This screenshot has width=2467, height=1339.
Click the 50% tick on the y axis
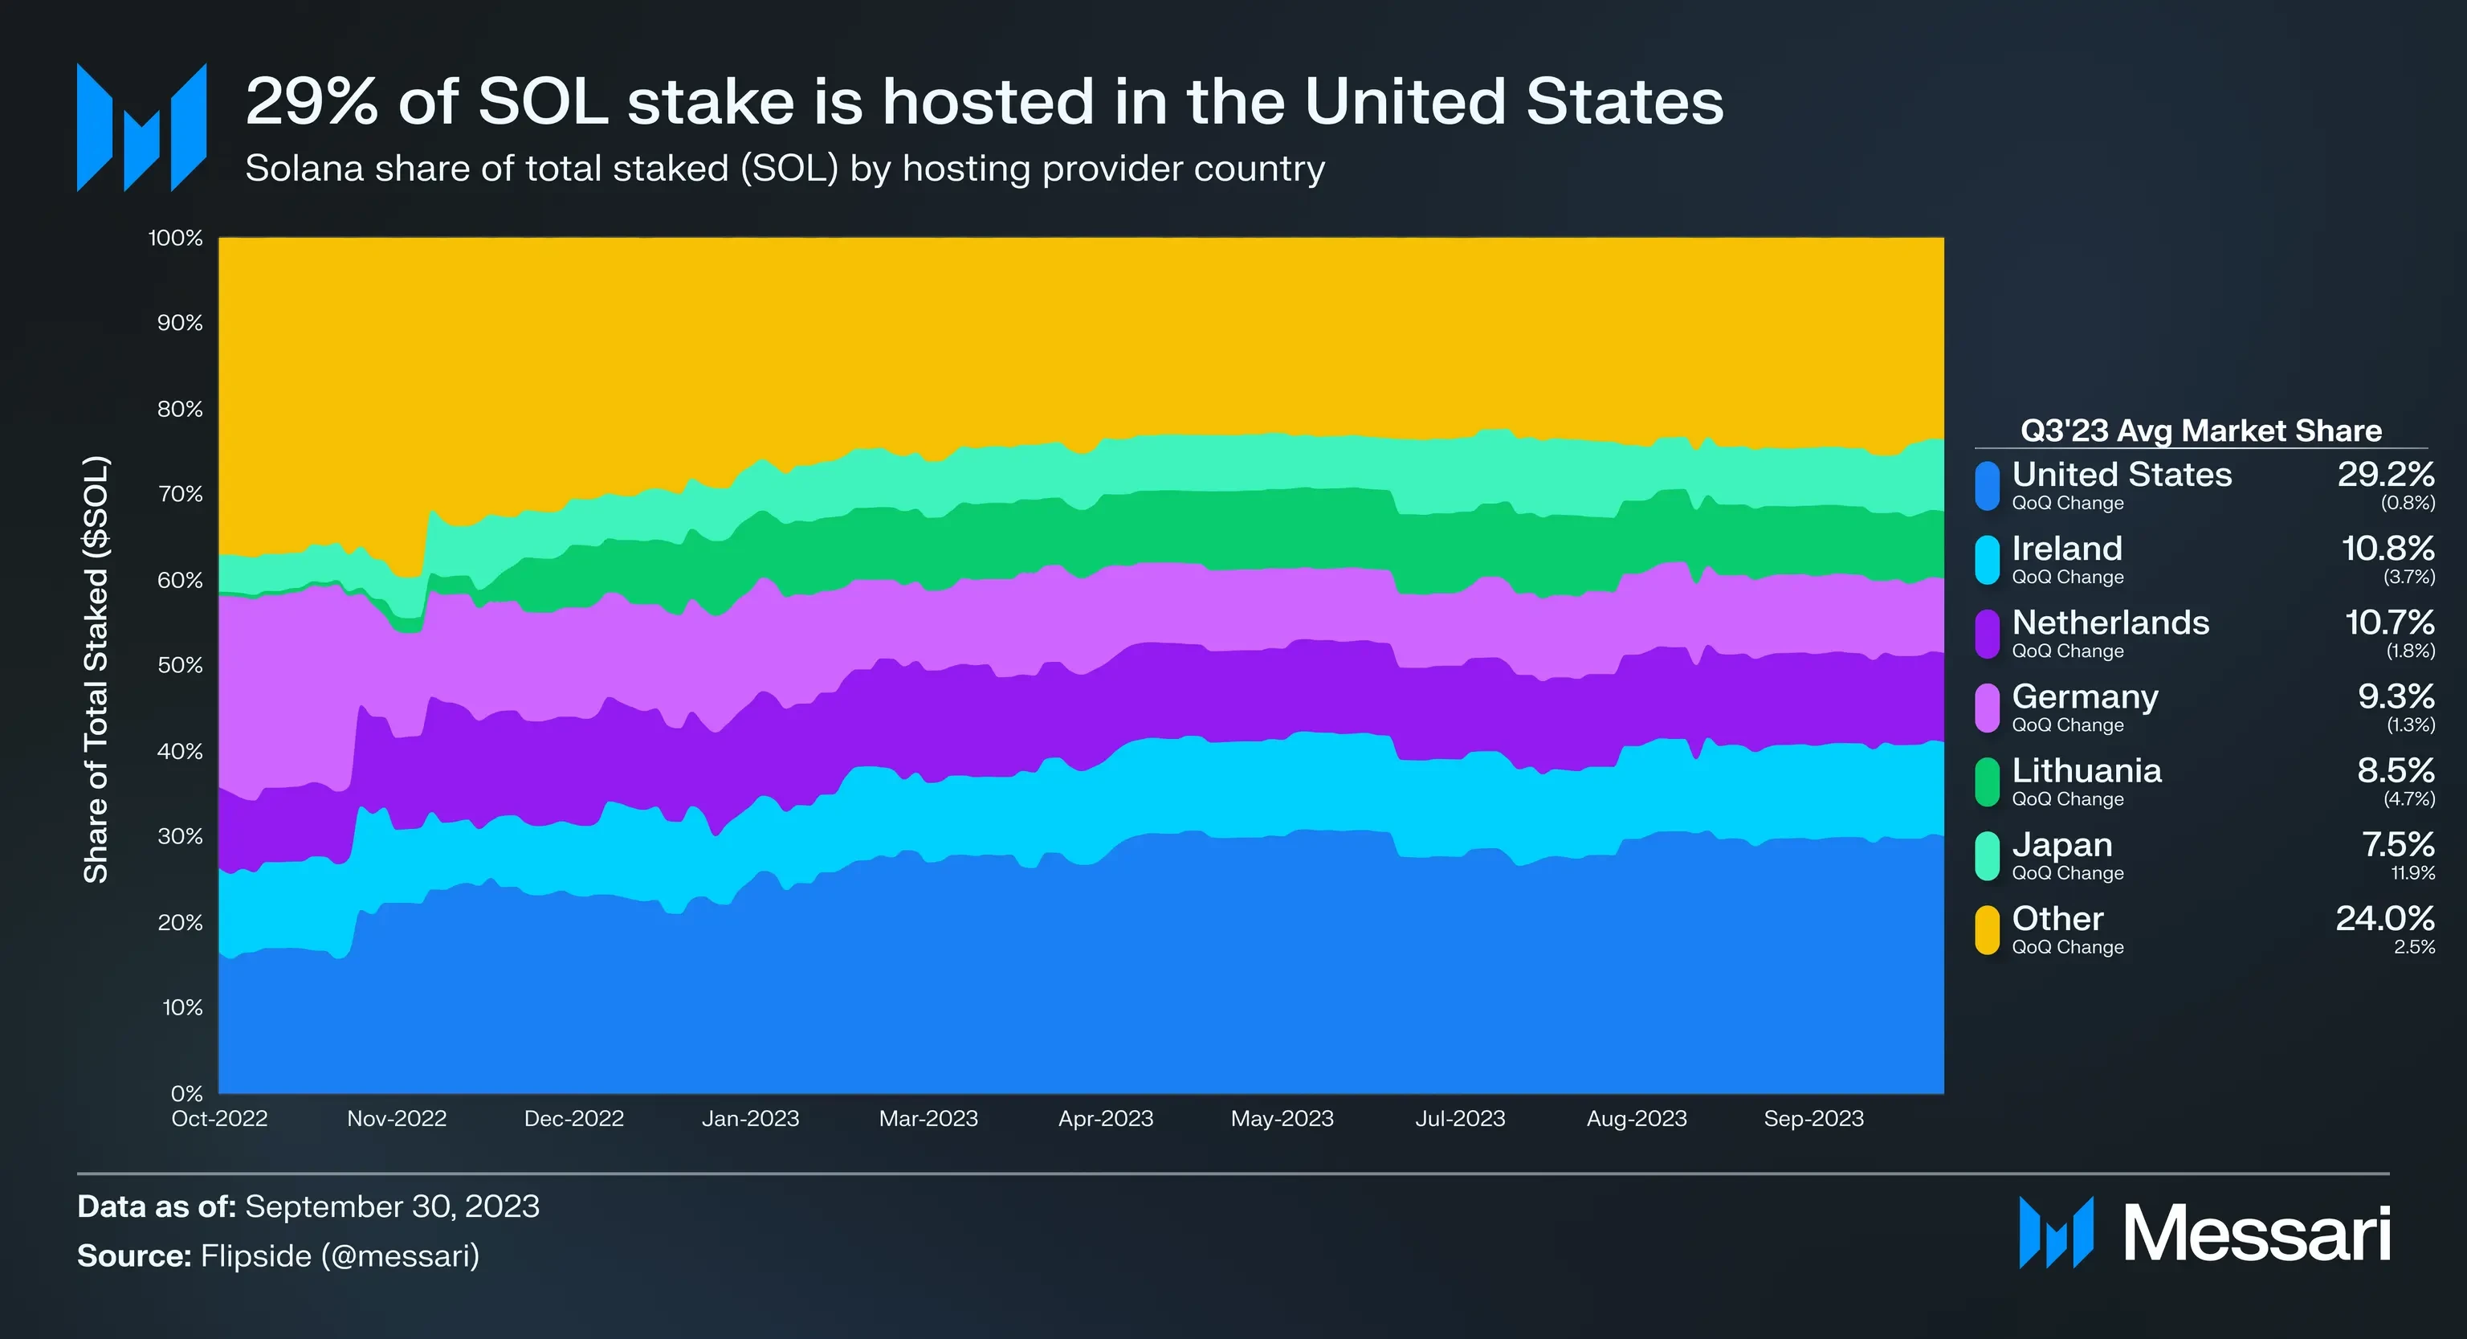[x=180, y=666]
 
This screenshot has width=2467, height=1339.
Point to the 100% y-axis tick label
[x=175, y=239]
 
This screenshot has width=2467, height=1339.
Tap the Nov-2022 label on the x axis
[x=397, y=1119]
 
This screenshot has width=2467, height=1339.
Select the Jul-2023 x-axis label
[x=1459, y=1119]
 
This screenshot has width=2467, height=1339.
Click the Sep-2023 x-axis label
[x=1813, y=1119]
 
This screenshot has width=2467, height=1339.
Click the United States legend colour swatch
[x=1988, y=486]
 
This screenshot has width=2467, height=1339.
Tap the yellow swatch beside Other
[x=1988, y=930]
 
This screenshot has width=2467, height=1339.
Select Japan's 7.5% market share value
[x=2397, y=845]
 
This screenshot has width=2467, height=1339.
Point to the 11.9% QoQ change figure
[x=2412, y=873]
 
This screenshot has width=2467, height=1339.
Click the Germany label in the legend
[x=2085, y=697]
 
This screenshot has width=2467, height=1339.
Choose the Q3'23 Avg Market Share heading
[x=2200, y=431]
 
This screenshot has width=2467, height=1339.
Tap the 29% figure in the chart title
[x=312, y=103]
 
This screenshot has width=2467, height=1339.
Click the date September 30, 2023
[x=392, y=1206]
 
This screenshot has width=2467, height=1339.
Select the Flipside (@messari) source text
[x=339, y=1255]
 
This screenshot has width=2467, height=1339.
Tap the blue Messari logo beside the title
[x=141, y=128]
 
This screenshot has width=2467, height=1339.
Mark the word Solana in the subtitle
[x=304, y=169]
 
